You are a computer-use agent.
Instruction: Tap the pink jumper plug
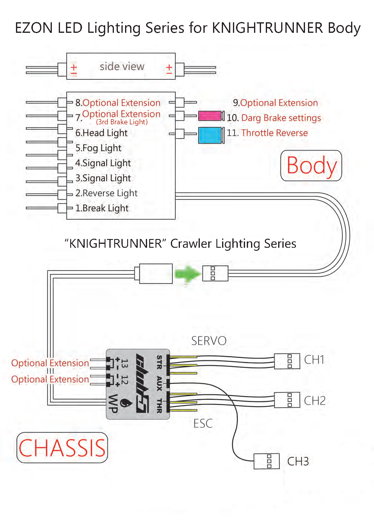click(x=210, y=116)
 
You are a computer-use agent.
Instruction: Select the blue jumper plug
click(x=210, y=135)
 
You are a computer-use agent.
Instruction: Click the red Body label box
click(x=311, y=166)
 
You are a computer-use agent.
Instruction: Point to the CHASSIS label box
click(x=62, y=448)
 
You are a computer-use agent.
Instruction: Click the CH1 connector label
click(x=314, y=360)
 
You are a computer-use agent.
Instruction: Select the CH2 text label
click(x=315, y=401)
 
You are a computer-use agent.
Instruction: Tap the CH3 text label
click(x=298, y=461)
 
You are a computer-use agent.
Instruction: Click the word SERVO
click(x=209, y=341)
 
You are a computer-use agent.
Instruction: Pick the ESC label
click(x=203, y=424)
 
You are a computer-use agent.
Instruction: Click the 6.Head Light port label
click(x=101, y=133)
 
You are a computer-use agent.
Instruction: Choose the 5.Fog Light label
click(x=98, y=148)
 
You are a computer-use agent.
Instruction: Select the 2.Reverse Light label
click(x=106, y=193)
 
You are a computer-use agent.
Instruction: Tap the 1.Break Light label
click(x=102, y=208)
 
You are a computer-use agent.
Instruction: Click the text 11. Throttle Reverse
click(x=267, y=133)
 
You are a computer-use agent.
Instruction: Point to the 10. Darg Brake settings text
click(x=274, y=118)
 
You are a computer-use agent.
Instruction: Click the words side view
click(x=122, y=66)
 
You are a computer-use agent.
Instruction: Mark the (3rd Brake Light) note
click(x=122, y=122)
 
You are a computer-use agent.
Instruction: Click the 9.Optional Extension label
click(x=275, y=103)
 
